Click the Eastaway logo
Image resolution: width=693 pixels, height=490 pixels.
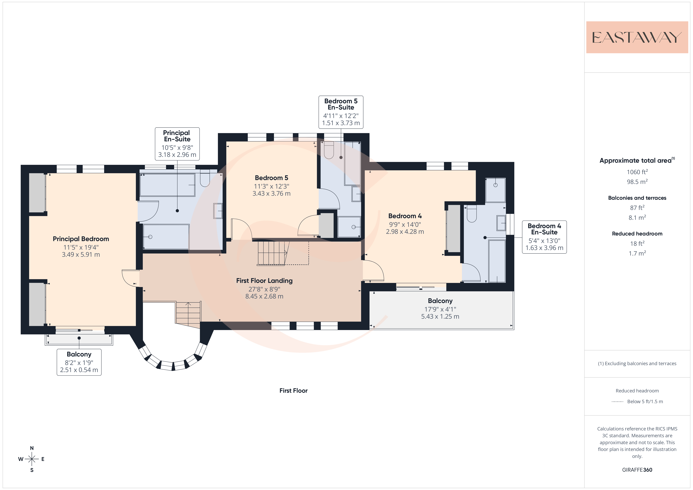point(637,37)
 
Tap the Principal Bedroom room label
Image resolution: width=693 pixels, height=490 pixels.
point(81,239)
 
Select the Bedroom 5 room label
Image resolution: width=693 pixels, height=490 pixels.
point(271,178)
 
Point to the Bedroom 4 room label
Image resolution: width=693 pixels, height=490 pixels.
point(405,216)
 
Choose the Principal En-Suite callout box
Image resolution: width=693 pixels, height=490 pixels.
point(177,144)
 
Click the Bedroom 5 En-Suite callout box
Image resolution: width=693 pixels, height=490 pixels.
point(341,112)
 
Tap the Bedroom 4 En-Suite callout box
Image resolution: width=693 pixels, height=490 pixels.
point(544,237)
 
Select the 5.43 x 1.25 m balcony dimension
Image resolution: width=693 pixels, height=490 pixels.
point(440,316)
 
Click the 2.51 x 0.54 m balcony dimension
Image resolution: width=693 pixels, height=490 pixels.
point(79,370)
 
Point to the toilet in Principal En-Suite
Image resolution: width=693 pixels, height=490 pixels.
point(205,178)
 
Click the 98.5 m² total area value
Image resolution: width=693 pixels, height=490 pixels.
point(637,182)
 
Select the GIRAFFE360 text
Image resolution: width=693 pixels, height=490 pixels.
point(637,470)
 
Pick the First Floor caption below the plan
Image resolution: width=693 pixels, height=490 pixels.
point(293,391)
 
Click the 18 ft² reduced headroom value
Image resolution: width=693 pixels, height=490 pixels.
point(637,243)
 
